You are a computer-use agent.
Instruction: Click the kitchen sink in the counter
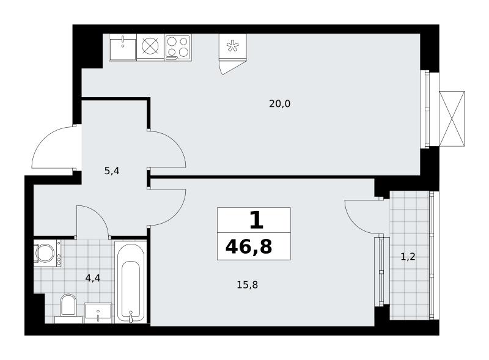(123, 47)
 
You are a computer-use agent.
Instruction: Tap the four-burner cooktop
(178, 47)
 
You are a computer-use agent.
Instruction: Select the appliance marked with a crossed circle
(150, 47)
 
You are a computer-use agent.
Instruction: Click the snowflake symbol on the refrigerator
(232, 46)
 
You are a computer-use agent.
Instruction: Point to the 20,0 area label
(280, 103)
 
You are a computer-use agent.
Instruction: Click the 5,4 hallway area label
(112, 171)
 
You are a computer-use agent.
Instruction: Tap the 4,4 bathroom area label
(93, 277)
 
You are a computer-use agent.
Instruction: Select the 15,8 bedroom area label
(248, 285)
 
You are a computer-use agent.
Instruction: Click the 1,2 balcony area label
(408, 257)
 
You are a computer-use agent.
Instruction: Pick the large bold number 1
(256, 220)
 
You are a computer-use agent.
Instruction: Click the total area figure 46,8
(249, 246)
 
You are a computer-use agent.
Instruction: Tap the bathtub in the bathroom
(131, 282)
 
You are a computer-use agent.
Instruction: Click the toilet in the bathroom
(68, 308)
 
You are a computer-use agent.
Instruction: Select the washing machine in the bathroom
(47, 253)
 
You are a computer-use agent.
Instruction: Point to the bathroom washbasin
(98, 312)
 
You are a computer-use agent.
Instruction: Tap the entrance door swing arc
(43, 139)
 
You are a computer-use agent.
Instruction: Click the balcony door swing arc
(354, 224)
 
